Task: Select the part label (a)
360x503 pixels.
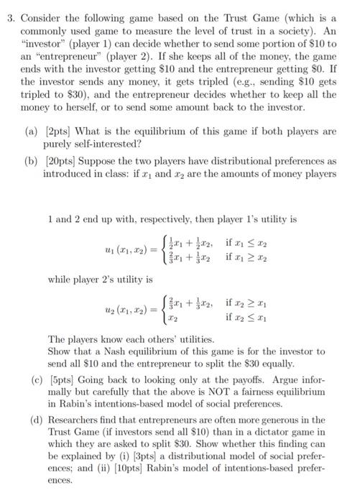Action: pyautogui.click(x=37, y=132)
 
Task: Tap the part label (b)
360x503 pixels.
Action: pyautogui.click(x=37, y=161)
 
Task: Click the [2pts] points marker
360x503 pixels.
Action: pyautogui.click(x=61, y=132)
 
